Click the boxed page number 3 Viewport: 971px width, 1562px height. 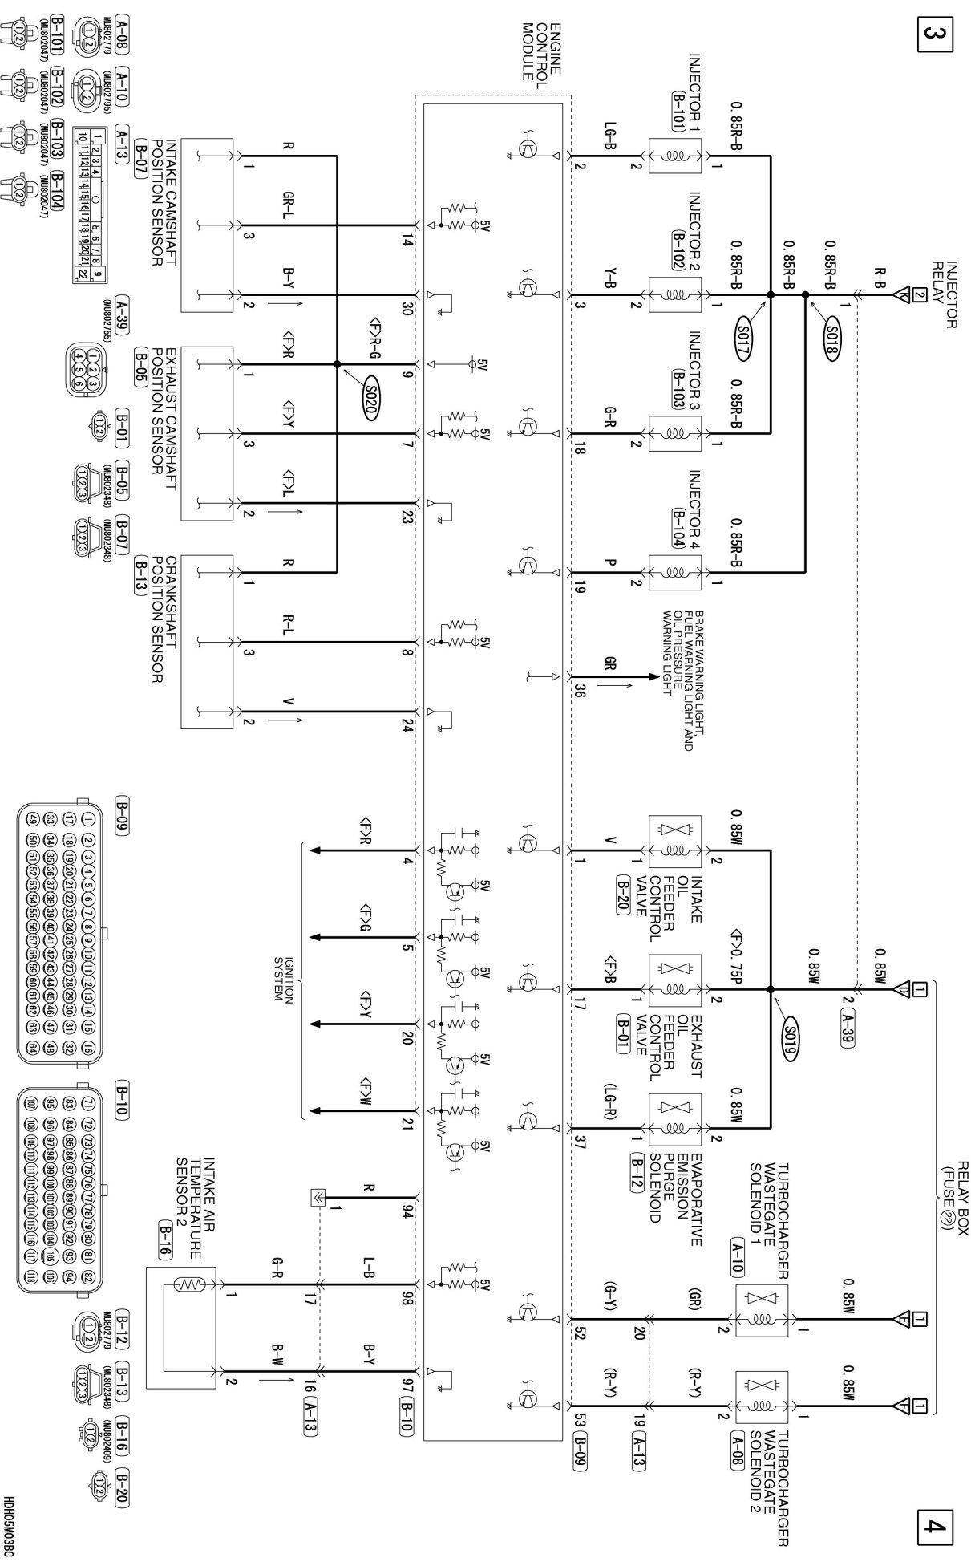(x=935, y=36)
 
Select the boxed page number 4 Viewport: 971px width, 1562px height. (x=935, y=1524)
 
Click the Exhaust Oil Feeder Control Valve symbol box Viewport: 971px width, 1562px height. (x=674, y=980)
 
